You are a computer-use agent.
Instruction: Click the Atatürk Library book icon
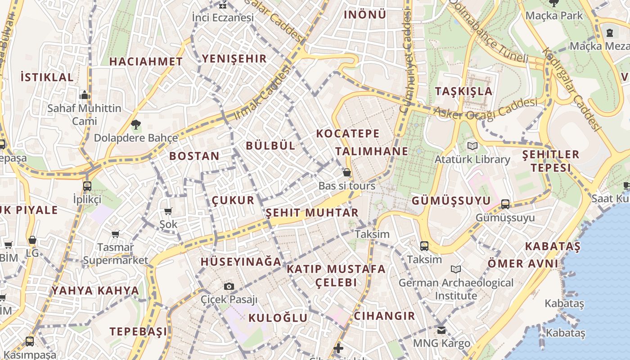tap(472, 146)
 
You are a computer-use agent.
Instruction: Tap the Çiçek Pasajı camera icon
tap(229, 286)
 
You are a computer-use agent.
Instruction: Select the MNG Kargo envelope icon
tap(441, 330)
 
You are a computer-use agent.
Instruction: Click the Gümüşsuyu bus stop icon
tap(505, 204)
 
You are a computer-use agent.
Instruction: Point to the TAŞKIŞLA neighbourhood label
tap(463, 91)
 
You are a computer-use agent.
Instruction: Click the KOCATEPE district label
tap(348, 134)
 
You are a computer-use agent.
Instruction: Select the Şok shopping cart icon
tap(168, 211)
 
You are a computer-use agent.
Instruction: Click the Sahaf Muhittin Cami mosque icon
tap(85, 95)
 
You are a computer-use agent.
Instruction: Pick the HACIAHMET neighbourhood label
tap(146, 62)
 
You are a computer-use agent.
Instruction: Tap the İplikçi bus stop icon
tap(87, 186)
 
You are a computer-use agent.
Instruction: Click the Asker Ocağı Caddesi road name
tap(488, 109)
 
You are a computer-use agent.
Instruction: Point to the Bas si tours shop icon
tap(347, 172)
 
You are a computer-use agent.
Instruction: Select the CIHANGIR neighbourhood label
tap(384, 316)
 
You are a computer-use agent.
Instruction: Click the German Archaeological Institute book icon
tap(456, 270)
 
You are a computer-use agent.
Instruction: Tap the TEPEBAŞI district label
tap(138, 332)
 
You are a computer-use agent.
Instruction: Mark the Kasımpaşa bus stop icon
tap(30, 342)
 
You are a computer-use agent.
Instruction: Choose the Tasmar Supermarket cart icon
tap(116, 234)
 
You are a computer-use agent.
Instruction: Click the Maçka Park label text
tap(554, 16)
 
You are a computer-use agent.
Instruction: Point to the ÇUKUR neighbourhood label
tap(233, 200)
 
